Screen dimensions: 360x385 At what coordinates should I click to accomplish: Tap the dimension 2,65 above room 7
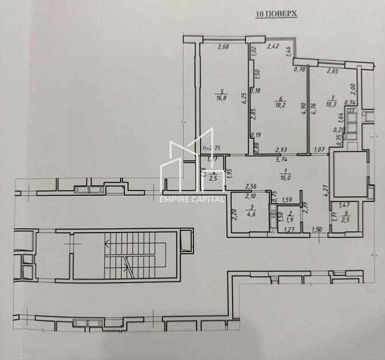point(332,71)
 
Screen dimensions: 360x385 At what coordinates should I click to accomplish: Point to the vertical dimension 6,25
point(244,102)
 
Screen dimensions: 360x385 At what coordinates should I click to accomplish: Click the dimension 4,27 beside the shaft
point(325,191)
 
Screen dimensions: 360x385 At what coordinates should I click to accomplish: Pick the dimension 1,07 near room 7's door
point(319,150)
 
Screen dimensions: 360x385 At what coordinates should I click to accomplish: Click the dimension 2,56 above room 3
point(250,186)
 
